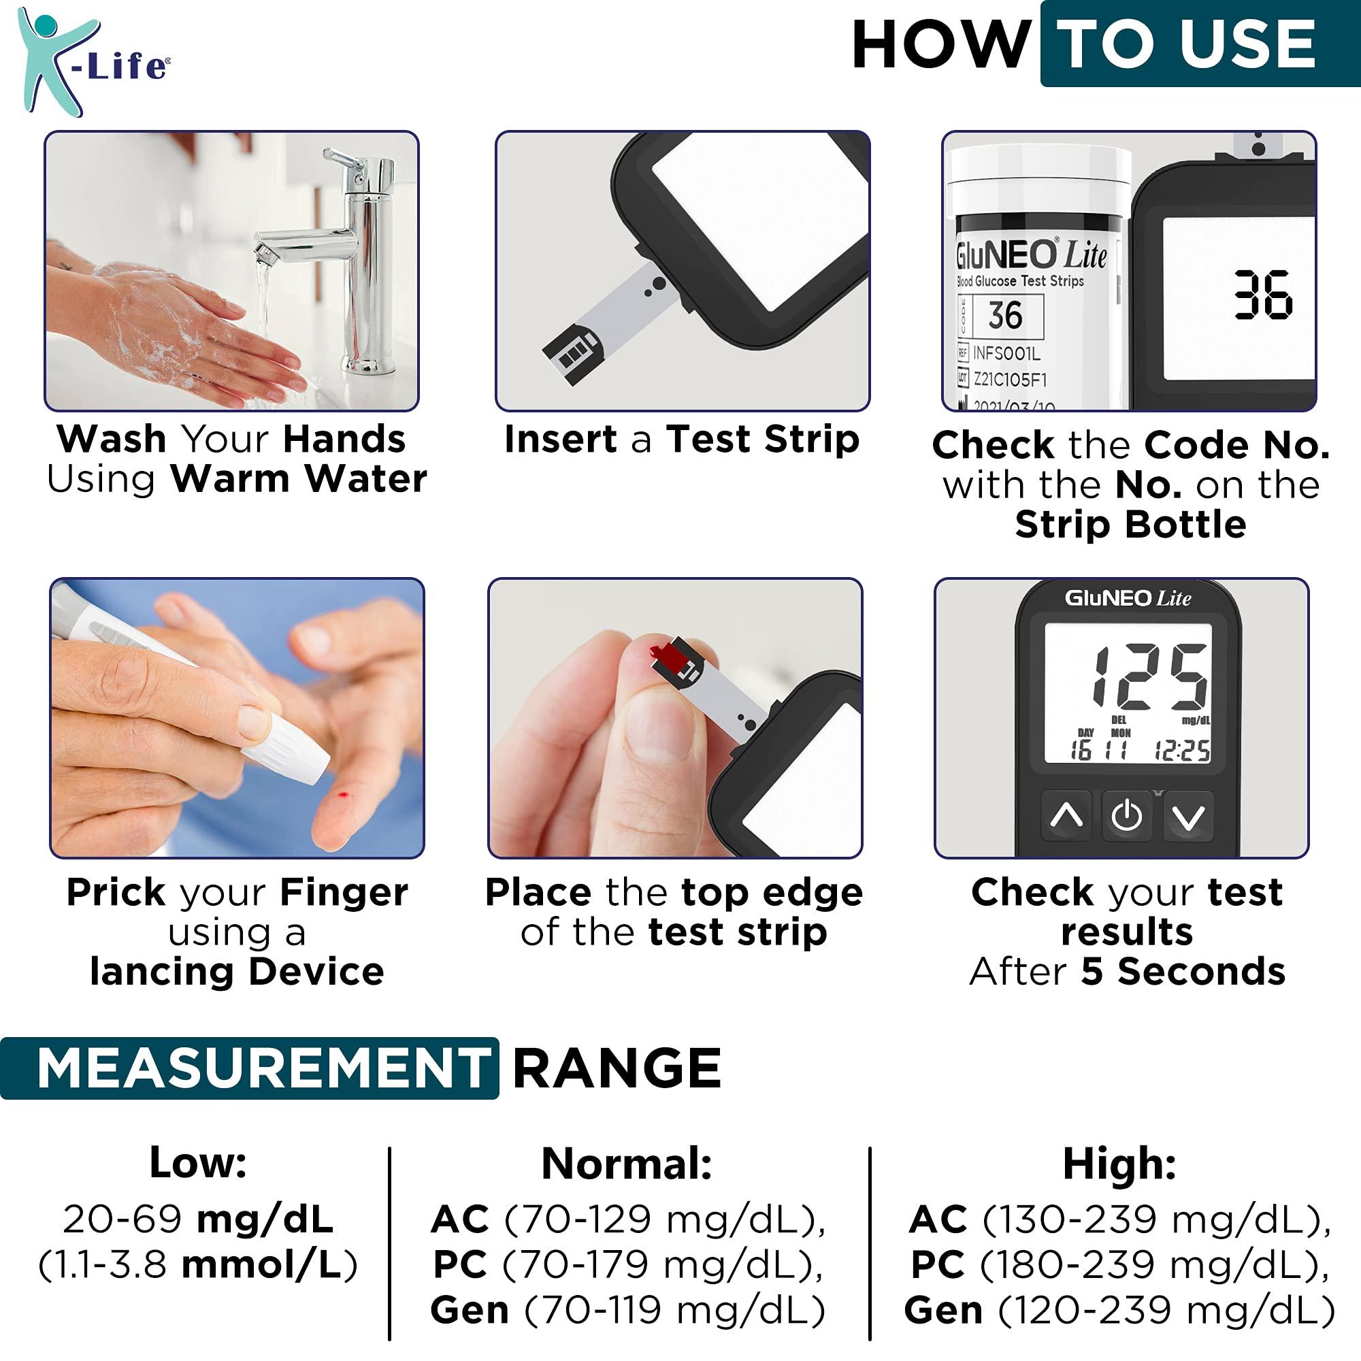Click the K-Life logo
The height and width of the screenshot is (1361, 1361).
[x=92, y=62]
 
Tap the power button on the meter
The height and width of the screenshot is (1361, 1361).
[x=1126, y=816]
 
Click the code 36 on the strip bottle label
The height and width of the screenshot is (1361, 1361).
[x=1005, y=315]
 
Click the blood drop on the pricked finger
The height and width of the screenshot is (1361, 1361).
[x=343, y=796]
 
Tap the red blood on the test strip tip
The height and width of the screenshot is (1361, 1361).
[x=666, y=657]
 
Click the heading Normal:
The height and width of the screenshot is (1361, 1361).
[x=626, y=1163]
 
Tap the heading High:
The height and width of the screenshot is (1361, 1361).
[x=1119, y=1163]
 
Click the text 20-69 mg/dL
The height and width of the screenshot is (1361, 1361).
[x=198, y=1219]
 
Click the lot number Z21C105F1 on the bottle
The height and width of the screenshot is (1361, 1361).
[x=1010, y=380]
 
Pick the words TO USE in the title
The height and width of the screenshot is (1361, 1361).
[x=1187, y=44]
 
